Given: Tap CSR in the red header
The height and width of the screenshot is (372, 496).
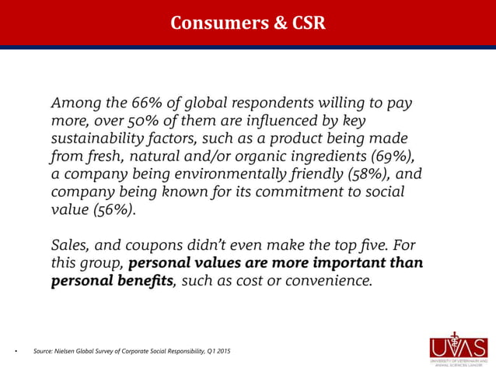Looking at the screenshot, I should pos(306,23).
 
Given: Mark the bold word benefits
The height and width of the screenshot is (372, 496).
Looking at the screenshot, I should pos(143,279).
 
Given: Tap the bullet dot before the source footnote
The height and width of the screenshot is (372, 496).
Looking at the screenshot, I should pos(16,352).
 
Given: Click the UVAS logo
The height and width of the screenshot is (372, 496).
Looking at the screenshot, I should pos(458,349).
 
